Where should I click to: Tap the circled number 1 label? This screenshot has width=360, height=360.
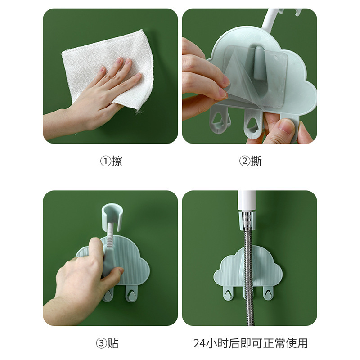(x=106, y=161)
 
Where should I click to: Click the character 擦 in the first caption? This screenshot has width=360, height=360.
(x=117, y=161)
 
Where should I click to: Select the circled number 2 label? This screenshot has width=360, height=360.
(x=245, y=161)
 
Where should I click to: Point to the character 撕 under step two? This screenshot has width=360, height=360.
(x=256, y=161)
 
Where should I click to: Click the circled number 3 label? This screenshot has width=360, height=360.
(x=101, y=343)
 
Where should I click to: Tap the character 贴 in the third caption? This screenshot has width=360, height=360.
(x=113, y=343)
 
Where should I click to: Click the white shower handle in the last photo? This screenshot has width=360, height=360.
(x=246, y=201)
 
